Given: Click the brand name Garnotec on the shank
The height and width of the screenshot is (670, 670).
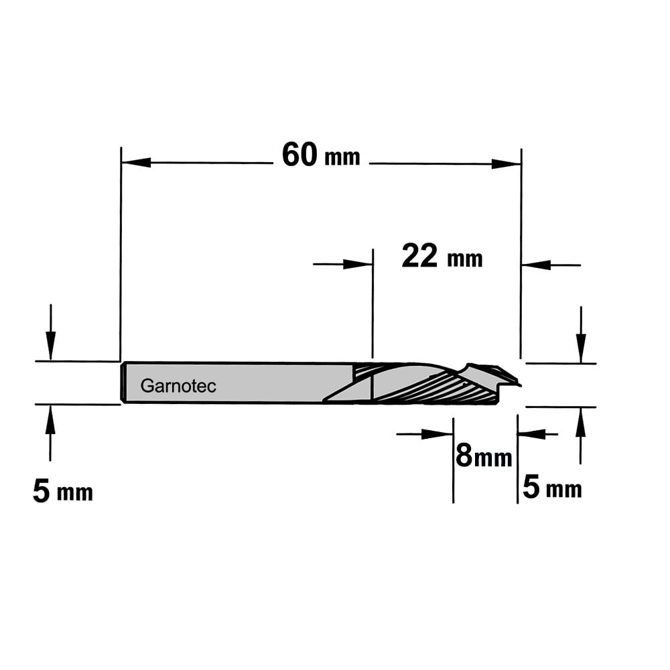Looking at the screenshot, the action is click(178, 387).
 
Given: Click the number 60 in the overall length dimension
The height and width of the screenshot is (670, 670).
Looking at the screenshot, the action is click(299, 155).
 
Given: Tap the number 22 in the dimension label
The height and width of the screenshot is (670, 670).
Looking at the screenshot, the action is click(420, 256).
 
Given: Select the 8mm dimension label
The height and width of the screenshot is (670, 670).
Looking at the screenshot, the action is click(484, 456).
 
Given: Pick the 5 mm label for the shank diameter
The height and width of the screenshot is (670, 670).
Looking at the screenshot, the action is click(63, 491).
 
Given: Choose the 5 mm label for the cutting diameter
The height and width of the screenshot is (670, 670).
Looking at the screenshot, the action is click(552, 488).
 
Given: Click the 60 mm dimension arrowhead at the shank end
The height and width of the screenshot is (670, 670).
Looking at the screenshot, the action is click(136, 162).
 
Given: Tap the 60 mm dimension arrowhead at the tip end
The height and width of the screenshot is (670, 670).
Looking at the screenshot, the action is click(507, 163).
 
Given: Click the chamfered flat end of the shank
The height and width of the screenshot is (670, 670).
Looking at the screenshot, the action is click(123, 383).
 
